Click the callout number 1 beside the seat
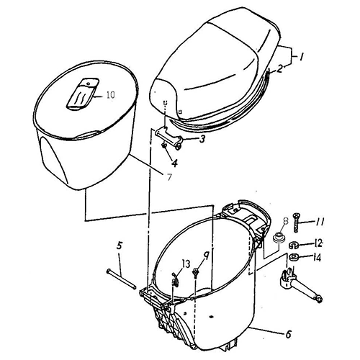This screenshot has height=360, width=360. click(x=300, y=57)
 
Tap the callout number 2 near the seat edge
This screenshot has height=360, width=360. click(x=279, y=69)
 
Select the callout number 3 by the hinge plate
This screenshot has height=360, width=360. click(x=202, y=139)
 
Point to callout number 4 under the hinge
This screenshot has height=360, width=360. click(x=175, y=163)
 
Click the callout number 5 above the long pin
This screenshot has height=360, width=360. click(x=120, y=246)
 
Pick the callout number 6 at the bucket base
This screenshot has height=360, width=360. click(x=288, y=334)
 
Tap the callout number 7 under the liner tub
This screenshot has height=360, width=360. click(x=169, y=177)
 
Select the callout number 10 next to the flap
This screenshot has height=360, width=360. click(x=110, y=95)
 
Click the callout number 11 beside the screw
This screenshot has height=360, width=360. click(x=319, y=222)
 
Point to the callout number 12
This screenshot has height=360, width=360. click(x=318, y=244)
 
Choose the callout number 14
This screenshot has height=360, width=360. click(x=317, y=258)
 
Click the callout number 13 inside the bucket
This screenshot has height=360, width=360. click(x=186, y=264)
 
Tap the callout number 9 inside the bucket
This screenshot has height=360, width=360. click(x=207, y=256)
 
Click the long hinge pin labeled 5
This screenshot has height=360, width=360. click(x=121, y=279)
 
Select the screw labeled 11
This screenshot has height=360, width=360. click(x=296, y=222)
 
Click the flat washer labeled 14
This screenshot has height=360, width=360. click(x=293, y=257)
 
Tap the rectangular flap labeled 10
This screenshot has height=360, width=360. click(x=82, y=94)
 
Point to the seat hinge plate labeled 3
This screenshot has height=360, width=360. click(x=169, y=136)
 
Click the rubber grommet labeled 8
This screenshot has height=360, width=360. click(x=279, y=237)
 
